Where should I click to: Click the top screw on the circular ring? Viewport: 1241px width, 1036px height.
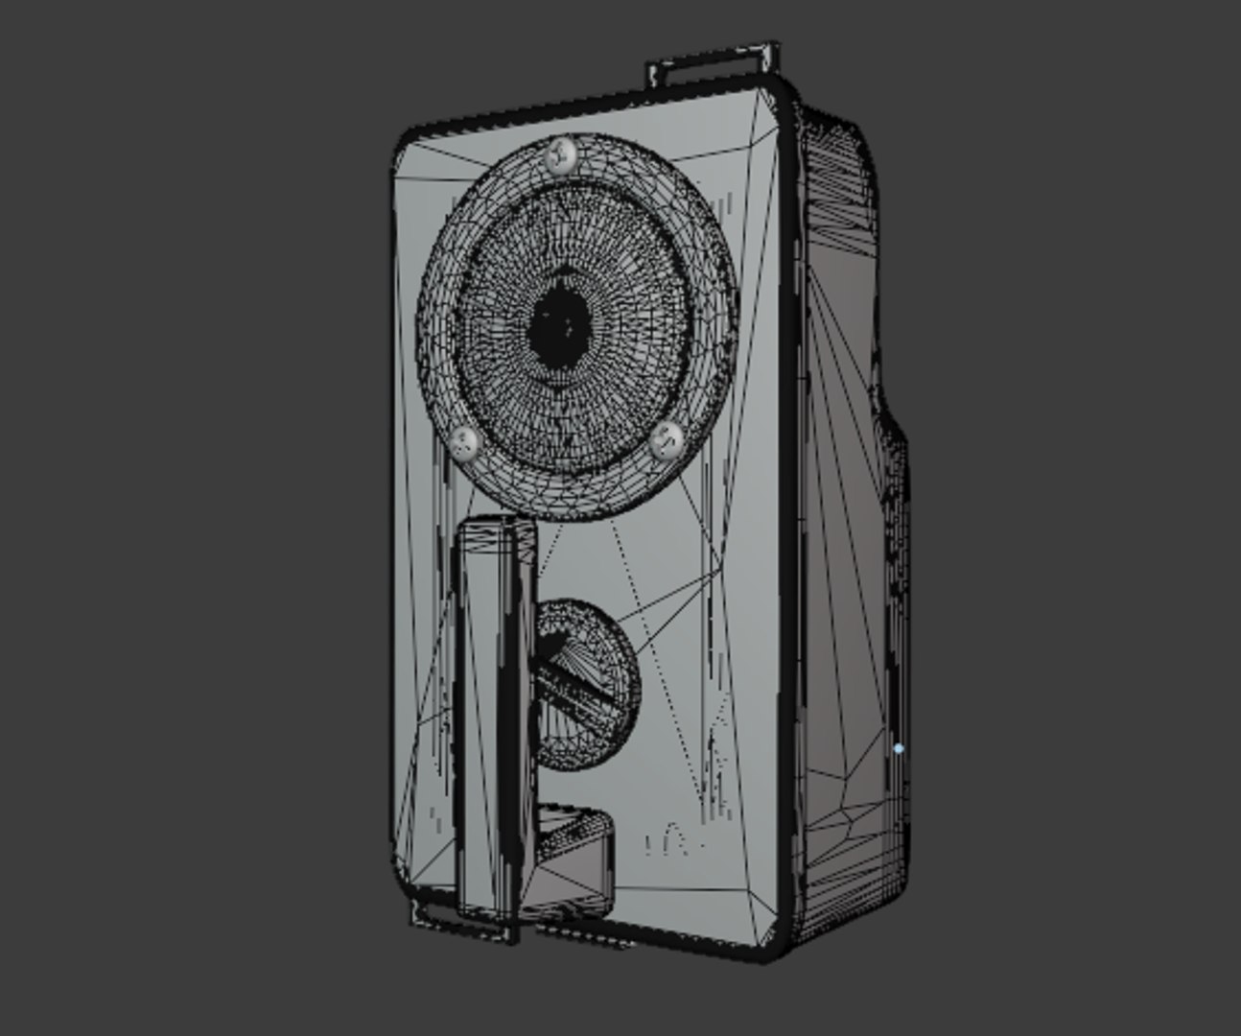560,154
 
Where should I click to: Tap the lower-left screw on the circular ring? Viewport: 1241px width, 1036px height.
466,443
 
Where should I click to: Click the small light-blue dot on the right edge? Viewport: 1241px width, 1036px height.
898,748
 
